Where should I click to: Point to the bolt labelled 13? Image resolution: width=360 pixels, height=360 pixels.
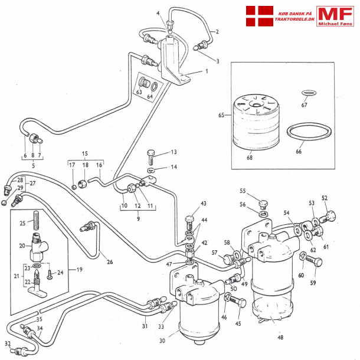pos(151,156)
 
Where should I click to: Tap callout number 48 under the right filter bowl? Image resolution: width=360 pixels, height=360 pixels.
pos(280,338)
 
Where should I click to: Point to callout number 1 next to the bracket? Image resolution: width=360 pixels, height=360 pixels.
pos(207,71)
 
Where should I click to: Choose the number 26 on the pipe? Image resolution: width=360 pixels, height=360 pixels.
pos(110,262)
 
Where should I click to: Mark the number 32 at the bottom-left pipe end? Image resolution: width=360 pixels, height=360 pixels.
pos(7,343)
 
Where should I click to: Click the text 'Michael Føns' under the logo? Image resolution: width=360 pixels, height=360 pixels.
pos(334,24)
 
